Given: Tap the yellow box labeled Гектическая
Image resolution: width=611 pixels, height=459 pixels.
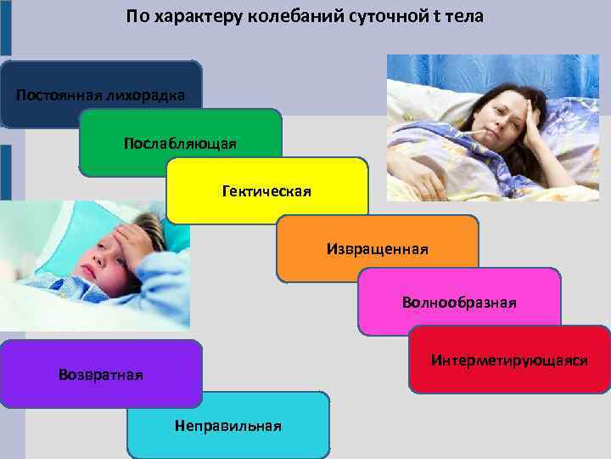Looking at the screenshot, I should pyautogui.click(x=266, y=191).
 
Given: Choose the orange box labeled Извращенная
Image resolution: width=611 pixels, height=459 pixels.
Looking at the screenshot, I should pyautogui.click(x=377, y=249).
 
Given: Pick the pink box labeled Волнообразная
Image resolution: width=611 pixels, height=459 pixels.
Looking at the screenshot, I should pyautogui.click(x=459, y=302).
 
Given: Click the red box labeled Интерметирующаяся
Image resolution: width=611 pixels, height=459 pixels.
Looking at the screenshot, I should pyautogui.click(x=509, y=360).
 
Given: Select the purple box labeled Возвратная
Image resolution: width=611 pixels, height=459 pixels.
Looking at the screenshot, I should pyautogui.click(x=101, y=374).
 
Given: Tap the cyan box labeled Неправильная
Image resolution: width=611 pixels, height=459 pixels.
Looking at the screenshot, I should pyautogui.click(x=227, y=425).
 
